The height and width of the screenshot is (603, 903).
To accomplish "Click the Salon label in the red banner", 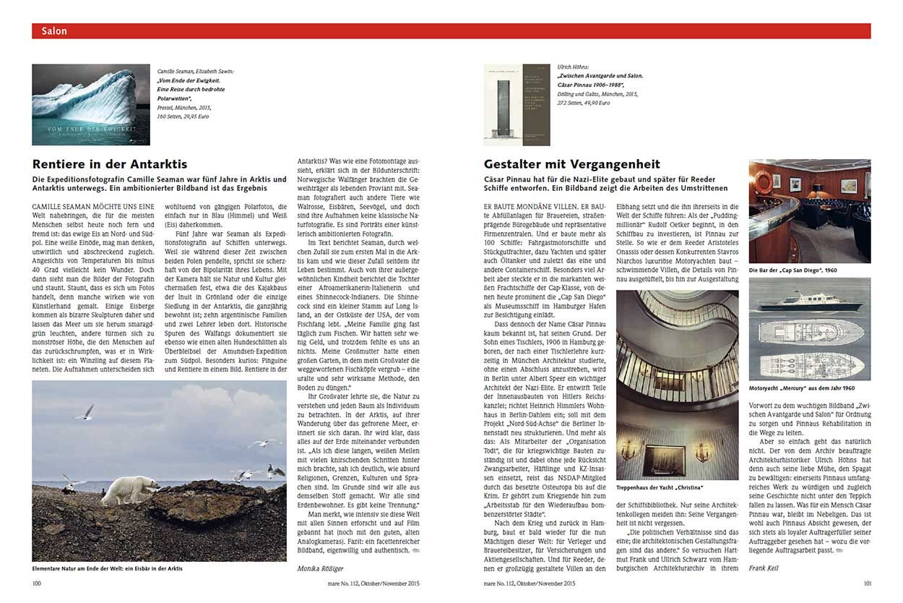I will click(x=54, y=31).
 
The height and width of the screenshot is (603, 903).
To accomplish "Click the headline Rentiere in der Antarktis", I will click(x=110, y=164).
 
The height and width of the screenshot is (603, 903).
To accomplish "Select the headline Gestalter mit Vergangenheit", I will click(x=571, y=164).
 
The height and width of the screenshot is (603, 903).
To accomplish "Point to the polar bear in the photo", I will click(x=130, y=491).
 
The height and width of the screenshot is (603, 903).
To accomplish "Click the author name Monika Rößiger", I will click(x=321, y=568).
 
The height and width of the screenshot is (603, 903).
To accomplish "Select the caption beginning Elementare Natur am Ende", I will click(x=108, y=568).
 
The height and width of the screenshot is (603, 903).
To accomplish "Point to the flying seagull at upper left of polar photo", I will click(x=85, y=412).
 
